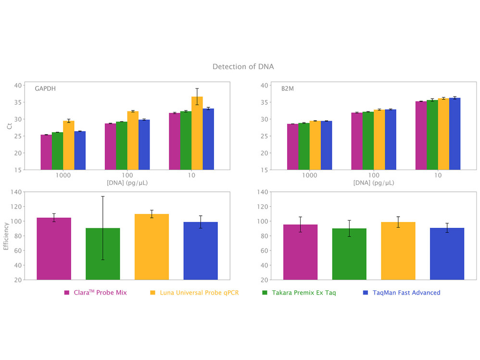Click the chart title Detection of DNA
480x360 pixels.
tap(243, 66)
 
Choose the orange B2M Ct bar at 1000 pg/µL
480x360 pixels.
tap(315, 145)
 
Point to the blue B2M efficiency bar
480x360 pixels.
tap(447, 253)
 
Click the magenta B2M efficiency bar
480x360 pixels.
tap(300, 252)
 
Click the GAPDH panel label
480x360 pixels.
tap(45, 89)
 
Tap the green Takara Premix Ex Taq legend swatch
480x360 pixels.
tap(265, 292)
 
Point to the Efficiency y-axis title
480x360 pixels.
tap(6, 236)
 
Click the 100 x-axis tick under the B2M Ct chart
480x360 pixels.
tap(374, 176)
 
